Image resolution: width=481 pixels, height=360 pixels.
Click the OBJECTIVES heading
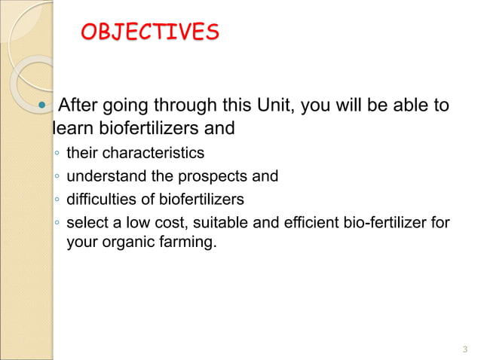(149, 32)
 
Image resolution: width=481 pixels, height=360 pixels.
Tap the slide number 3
(464, 349)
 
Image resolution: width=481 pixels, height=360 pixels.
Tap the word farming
(188, 243)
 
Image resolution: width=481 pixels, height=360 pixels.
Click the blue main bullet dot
(43, 106)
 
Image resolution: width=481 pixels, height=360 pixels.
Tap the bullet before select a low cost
(57, 224)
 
